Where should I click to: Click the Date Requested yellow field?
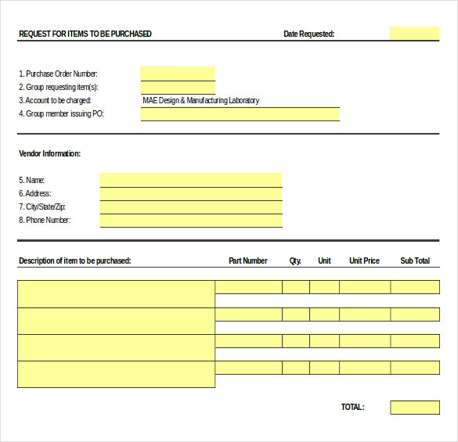[414, 34]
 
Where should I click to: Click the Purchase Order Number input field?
[178, 74]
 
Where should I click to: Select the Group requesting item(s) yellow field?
[178, 87]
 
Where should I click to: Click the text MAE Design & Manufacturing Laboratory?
[200, 100]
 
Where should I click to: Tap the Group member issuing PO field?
[240, 114]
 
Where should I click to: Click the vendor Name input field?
[190, 180]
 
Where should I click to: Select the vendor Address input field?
[190, 193]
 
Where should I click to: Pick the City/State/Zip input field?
[190, 207]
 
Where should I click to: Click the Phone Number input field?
[190, 221]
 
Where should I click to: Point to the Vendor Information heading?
[49, 153]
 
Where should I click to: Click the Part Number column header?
[247, 261]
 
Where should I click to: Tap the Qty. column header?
[295, 261]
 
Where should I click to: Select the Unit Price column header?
[364, 261]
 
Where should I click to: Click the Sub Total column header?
[415, 261]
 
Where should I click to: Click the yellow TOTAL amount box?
[414, 408]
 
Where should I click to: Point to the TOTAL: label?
[352, 407]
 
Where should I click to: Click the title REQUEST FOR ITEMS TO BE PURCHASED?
[85, 34]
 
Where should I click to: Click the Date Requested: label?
[308, 34]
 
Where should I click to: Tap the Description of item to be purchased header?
[74, 261]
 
